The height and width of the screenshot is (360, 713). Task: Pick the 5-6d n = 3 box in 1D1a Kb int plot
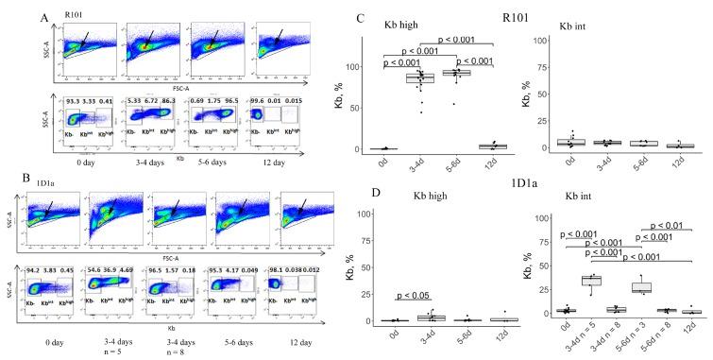point(641,287)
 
